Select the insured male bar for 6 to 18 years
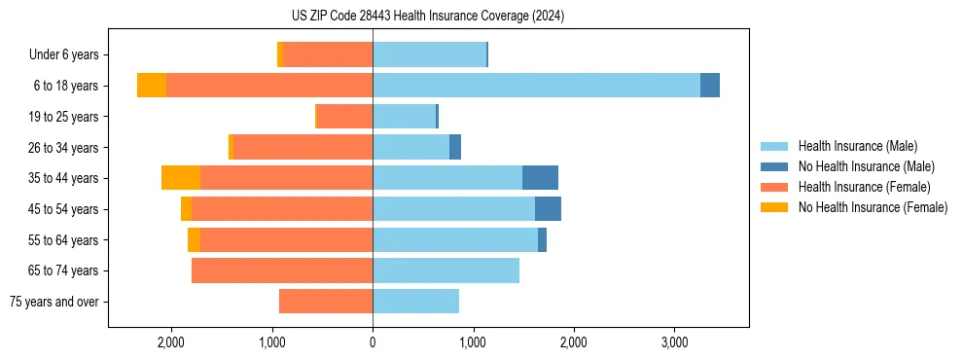[x=536, y=86]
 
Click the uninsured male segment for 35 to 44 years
[x=540, y=178]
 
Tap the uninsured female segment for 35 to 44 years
[x=181, y=178]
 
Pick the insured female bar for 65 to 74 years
[x=282, y=270]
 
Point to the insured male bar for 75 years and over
[x=415, y=302]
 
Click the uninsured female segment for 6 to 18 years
[x=152, y=86]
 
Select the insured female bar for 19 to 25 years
[x=345, y=117]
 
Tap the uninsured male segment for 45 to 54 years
[x=548, y=209]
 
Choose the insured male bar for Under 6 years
[x=429, y=55]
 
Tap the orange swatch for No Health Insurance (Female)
[x=774, y=207]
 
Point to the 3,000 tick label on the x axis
[x=674, y=343]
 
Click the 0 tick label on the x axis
[x=373, y=343]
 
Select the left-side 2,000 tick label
[x=171, y=343]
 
